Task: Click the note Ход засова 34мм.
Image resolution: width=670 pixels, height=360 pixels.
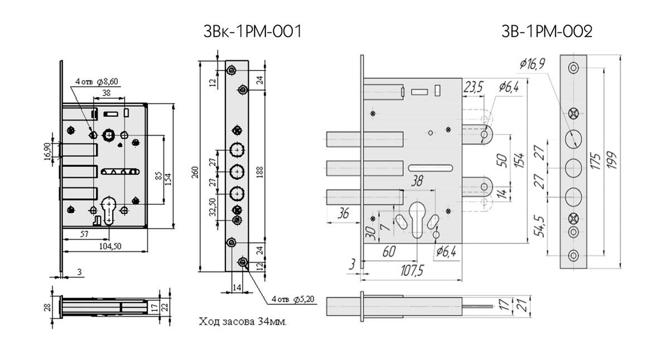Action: pos(242,322)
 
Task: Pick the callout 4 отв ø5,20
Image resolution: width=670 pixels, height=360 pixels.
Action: pos(293,299)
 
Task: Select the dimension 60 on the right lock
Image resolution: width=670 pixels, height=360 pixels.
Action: pos(389,252)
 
